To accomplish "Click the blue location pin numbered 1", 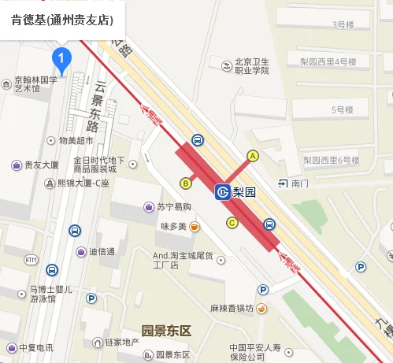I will click(62, 57).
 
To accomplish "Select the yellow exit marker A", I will click(253, 156).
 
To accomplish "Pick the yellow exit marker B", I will click(187, 183).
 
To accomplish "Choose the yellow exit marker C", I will click(232, 223).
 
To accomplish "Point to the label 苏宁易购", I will click(172, 207).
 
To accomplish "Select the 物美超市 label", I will click(75, 140).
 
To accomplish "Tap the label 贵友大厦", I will click(41, 165).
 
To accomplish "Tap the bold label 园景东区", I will click(166, 329).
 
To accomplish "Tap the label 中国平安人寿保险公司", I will click(260, 352).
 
